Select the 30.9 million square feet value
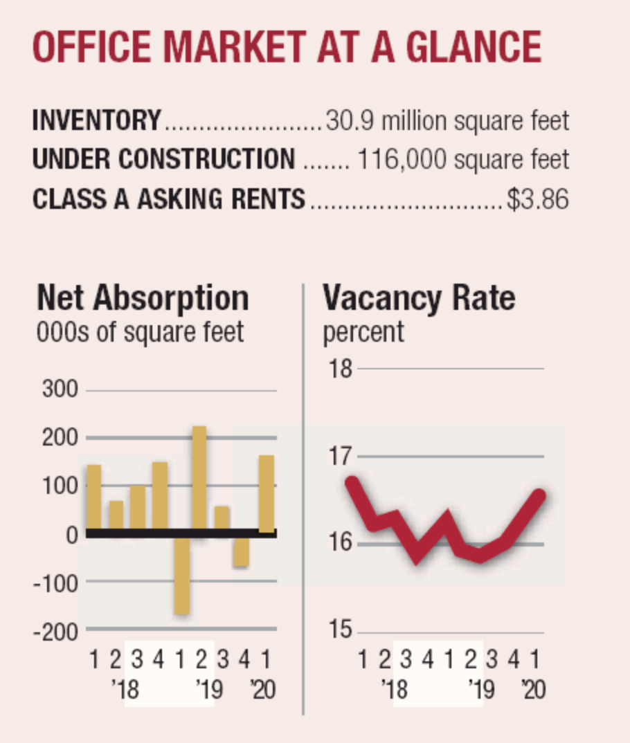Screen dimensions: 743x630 point(447,122)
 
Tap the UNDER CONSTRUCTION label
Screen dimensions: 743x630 point(163,160)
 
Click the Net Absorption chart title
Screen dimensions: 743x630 point(142,298)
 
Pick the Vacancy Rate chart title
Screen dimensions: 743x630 point(419,298)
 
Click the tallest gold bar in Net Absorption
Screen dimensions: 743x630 point(199,477)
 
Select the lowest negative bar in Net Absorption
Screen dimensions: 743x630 point(181,574)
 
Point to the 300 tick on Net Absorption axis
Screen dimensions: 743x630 point(62,389)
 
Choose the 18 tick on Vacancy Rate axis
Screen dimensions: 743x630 point(341,369)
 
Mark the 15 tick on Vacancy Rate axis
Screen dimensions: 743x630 point(341,631)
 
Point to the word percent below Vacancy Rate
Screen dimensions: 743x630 point(363,331)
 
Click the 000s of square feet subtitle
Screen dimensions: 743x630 point(140,331)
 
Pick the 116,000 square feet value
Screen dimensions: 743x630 point(463,160)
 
